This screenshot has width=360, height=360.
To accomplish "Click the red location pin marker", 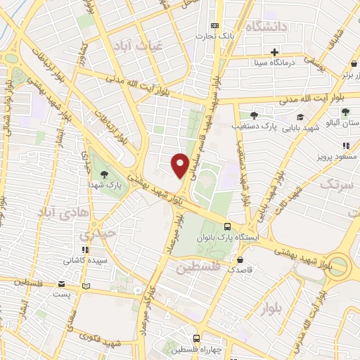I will point(180,164).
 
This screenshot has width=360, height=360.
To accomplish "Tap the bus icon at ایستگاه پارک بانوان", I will point(227,227).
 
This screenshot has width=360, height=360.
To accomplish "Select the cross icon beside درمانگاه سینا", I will point(274,52).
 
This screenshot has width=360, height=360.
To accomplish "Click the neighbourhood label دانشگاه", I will point(266,27).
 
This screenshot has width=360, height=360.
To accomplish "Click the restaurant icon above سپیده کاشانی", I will point(85,249).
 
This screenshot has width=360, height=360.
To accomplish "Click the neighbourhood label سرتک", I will point(336,184).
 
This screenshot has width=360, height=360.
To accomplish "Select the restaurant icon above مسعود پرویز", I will point(345,145).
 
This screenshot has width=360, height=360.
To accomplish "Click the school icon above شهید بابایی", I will point(300,117).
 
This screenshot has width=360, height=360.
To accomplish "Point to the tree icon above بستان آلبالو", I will point(345,111).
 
